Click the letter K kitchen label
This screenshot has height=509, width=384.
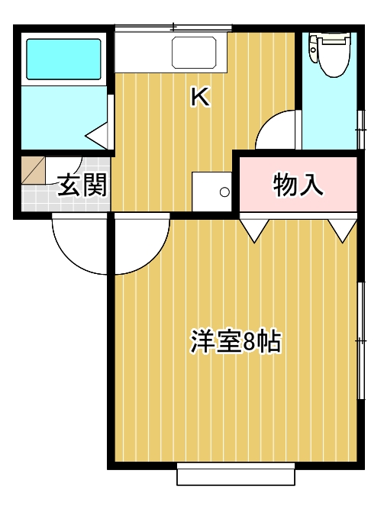(x=201, y=97)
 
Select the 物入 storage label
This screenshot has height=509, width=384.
(x=298, y=184)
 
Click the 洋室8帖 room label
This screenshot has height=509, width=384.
(x=235, y=342)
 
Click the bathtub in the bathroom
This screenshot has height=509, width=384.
(x=64, y=58)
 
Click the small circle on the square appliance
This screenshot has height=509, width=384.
(x=224, y=192)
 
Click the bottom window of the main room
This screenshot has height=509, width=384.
(x=236, y=475)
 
